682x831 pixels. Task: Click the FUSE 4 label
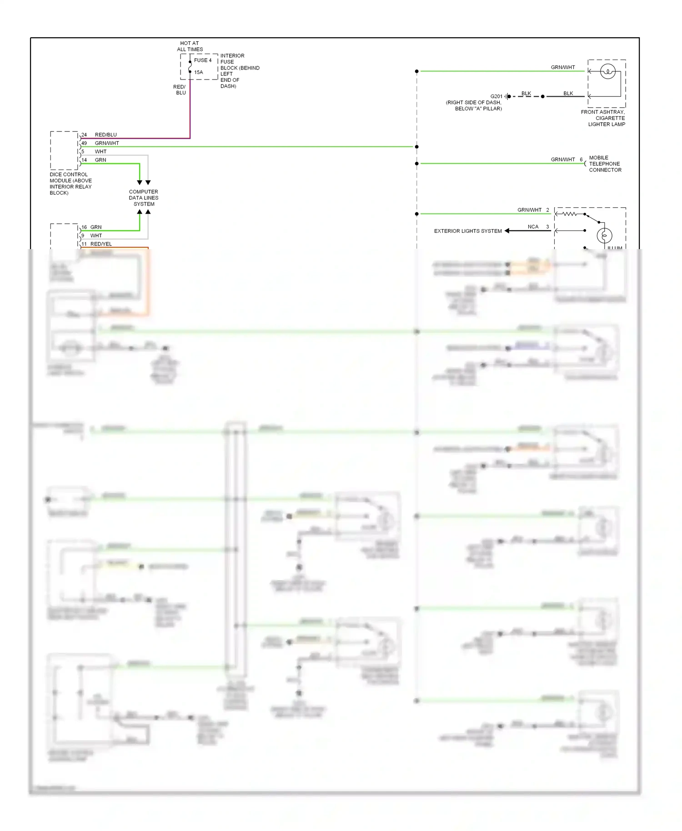pos(203,60)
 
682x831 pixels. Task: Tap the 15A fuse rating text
pos(199,72)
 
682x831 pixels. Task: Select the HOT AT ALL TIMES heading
pos(190,46)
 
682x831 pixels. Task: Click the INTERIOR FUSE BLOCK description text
pos(240,71)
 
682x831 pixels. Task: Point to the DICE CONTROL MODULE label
pos(70,184)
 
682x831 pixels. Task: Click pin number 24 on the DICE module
pos(84,135)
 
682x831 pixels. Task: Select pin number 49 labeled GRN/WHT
pos(84,143)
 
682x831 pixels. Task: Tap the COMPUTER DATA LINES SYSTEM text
pos(144,198)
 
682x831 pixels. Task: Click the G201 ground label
pos(496,96)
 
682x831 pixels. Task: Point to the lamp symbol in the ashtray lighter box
pos(608,71)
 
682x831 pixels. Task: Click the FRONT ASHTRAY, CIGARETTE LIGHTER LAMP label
pos(603,118)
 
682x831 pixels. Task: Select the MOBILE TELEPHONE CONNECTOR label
pos(605,164)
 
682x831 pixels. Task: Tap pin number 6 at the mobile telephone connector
pos(581,160)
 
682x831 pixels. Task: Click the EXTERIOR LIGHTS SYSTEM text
pos(468,231)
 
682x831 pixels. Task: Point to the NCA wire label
pos(533,227)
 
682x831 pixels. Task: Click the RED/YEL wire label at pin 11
pos(101,244)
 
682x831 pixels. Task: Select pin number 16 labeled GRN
pos(84,227)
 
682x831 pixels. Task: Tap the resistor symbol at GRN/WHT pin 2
pos(569,214)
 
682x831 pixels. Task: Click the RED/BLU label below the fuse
pos(180,90)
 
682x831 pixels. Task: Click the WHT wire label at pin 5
pos(100,152)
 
